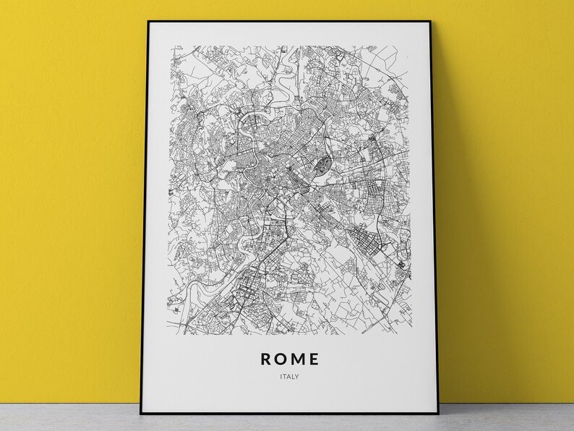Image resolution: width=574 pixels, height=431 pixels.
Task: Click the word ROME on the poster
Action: click(x=288, y=357)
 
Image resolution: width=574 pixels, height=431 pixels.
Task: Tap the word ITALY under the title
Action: click(x=288, y=377)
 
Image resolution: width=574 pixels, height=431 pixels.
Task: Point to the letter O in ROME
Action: click(x=278, y=357)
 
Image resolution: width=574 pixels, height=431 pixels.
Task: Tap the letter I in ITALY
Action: click(x=278, y=377)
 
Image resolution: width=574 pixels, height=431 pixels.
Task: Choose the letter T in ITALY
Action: click(x=283, y=377)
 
